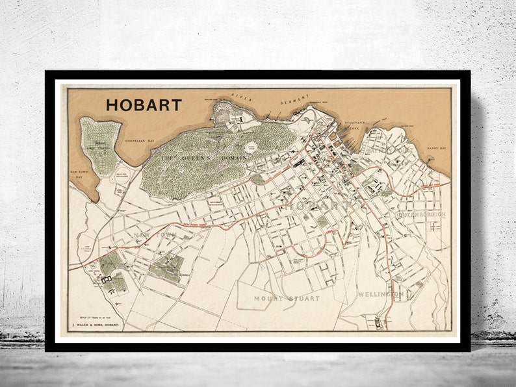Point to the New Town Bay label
(x=79, y=173)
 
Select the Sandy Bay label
(x=437, y=149)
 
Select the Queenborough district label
(x=420, y=213)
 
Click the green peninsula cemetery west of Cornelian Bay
(x=99, y=140)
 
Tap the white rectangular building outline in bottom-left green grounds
(x=107, y=279)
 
